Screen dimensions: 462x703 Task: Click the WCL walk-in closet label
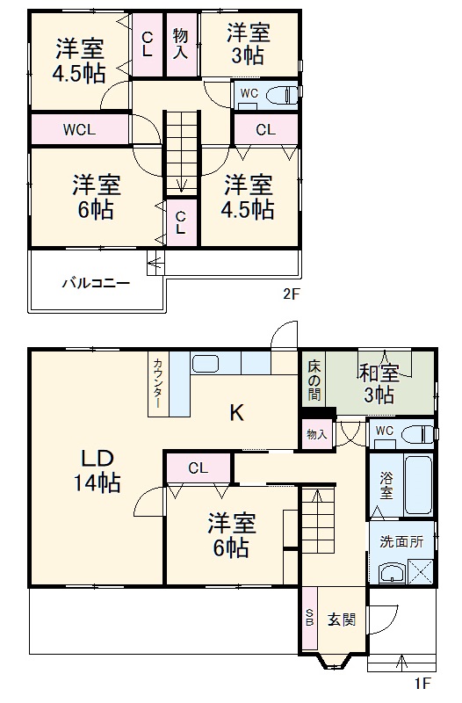(79, 130)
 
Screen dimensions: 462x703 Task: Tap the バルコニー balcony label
(97, 283)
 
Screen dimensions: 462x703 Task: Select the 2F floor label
(291, 294)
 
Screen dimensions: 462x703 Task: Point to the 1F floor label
(422, 684)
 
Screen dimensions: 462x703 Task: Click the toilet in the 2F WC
(281, 95)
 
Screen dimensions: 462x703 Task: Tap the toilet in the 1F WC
(416, 435)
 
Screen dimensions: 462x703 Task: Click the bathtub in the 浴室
(418, 485)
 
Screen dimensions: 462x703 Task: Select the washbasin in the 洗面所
(392, 574)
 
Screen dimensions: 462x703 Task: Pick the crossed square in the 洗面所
(421, 572)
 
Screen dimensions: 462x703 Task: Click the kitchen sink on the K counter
(206, 364)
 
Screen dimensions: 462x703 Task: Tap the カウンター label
(157, 383)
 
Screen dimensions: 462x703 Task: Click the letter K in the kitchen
(236, 412)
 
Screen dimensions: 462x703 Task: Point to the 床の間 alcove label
(314, 380)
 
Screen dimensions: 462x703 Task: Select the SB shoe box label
(309, 620)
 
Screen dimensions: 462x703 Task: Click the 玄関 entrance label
(342, 620)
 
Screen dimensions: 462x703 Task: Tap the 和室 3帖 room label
(379, 384)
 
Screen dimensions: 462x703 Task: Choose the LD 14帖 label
(97, 470)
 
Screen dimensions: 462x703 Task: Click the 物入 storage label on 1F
(317, 434)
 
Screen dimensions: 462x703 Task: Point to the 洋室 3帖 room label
(248, 45)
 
